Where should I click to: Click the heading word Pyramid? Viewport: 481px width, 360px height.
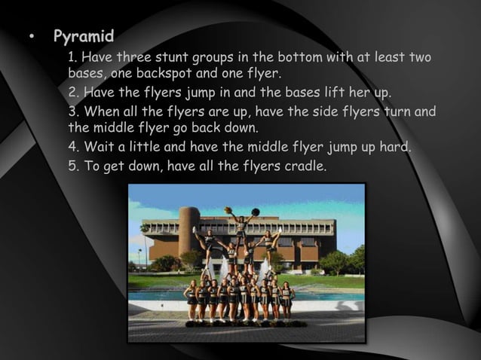[x=84, y=36]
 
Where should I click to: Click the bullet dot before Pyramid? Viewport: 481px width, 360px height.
[x=31, y=37]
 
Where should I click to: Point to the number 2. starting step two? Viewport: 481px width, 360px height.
[x=73, y=93]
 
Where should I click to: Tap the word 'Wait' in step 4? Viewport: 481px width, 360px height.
[x=99, y=146]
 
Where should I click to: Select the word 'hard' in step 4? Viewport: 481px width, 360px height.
[x=394, y=146]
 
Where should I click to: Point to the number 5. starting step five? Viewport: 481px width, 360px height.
[x=73, y=165]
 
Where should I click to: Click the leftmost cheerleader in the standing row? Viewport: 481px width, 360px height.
[x=191, y=300]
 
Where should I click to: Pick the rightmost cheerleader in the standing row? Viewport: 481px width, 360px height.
[x=286, y=299]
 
